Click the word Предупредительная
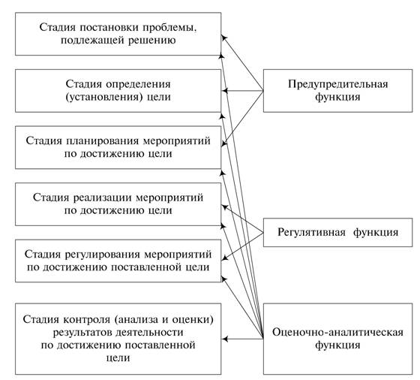click(337, 84)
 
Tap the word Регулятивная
click(311, 232)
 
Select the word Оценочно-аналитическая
click(337, 332)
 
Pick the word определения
click(138, 84)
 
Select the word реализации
click(103, 198)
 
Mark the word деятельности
click(150, 333)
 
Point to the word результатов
click(83, 333)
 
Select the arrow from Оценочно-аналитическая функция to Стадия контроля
click(243, 339)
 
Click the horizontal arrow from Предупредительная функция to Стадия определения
click(243, 91)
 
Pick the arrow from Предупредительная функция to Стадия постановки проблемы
click(243, 63)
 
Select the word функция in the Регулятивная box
click(376, 232)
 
